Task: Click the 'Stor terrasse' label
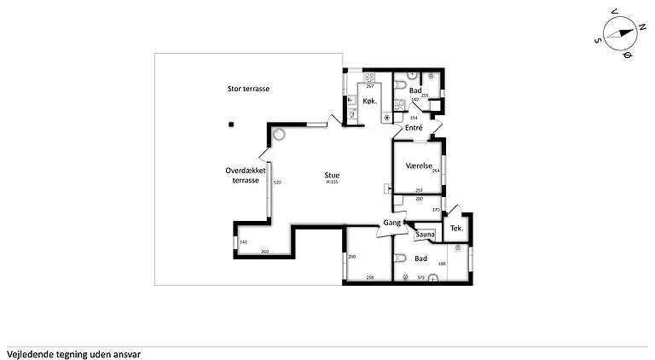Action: (x=248, y=88)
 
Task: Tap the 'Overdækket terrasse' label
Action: (x=246, y=181)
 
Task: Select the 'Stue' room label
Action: (x=332, y=176)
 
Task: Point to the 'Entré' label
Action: (x=414, y=128)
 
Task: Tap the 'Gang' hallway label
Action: (x=392, y=222)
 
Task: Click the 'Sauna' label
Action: (x=426, y=234)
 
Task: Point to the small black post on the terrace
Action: (x=230, y=125)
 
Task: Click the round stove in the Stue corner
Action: (x=280, y=135)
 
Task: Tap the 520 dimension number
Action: (x=277, y=183)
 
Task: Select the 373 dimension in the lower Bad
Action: (x=420, y=277)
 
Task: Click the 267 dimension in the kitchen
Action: (x=370, y=87)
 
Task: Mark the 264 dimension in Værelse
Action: (x=436, y=171)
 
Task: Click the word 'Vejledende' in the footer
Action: (x=28, y=352)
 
